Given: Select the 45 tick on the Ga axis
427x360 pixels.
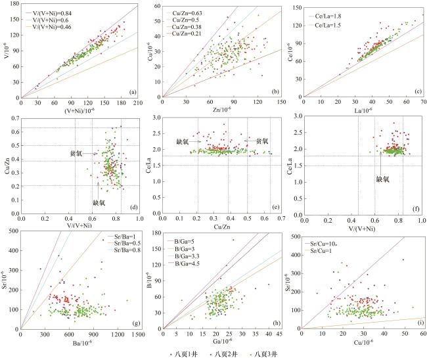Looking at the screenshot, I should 280,336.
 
